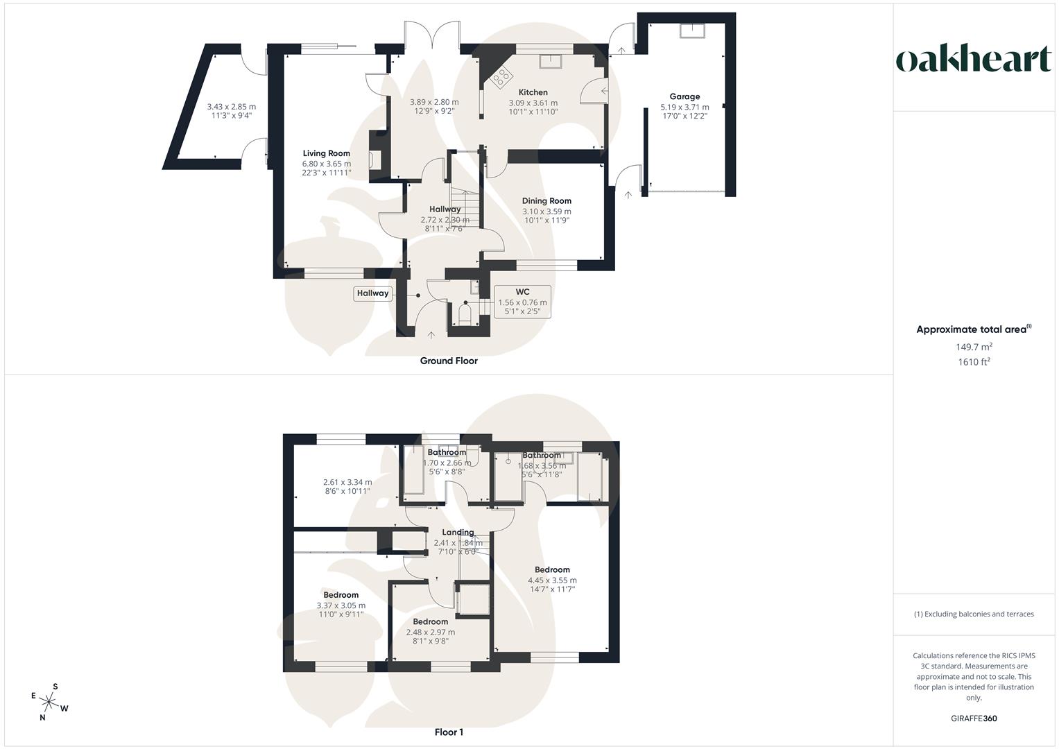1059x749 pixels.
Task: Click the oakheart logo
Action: coord(974,60)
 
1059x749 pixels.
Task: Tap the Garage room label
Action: coord(685,96)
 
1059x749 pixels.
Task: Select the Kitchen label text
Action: coord(533,92)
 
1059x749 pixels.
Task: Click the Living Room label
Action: coord(326,153)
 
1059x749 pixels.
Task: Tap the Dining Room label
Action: coord(546,201)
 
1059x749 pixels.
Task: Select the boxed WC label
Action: coord(522,291)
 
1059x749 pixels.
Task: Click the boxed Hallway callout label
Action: coord(373,293)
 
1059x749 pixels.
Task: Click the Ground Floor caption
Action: coord(449,361)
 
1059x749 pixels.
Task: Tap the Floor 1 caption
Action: coord(449,732)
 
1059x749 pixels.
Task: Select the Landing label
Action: coord(458,533)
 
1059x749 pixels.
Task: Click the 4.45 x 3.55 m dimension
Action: coord(552,580)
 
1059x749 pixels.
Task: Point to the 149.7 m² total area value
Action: coord(974,347)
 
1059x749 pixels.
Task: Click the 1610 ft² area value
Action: coord(974,362)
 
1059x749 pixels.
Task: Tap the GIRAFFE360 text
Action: coord(974,718)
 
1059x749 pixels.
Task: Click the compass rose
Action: coord(49,703)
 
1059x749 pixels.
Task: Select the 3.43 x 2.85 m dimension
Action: coord(232,107)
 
